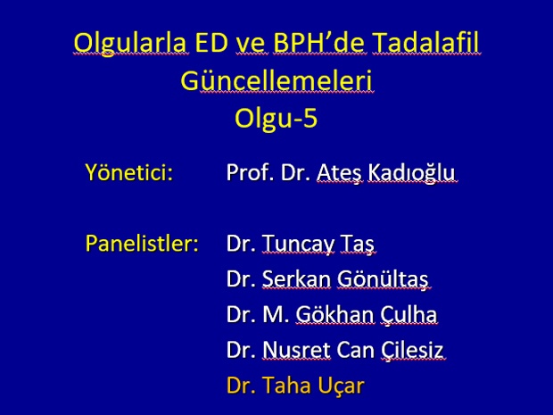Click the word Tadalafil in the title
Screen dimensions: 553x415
(x=426, y=42)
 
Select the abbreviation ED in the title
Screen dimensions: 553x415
(x=211, y=42)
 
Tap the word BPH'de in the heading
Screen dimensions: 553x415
(x=318, y=42)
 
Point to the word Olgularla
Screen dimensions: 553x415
(x=130, y=44)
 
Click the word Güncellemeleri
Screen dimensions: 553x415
(x=276, y=80)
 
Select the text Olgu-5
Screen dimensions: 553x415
(x=276, y=119)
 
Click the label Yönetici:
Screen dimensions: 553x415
(x=129, y=172)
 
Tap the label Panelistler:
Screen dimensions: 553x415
(x=142, y=243)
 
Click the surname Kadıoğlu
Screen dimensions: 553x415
(x=411, y=173)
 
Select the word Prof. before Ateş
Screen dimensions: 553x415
(x=250, y=172)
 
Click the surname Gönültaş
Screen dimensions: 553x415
(x=383, y=279)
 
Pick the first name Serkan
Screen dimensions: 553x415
(x=297, y=279)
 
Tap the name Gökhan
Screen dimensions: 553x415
(x=334, y=314)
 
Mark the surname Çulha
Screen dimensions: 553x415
(x=409, y=315)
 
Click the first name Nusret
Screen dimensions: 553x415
(x=296, y=350)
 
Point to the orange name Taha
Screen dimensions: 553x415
(x=285, y=385)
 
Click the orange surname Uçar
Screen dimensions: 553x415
(x=341, y=386)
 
